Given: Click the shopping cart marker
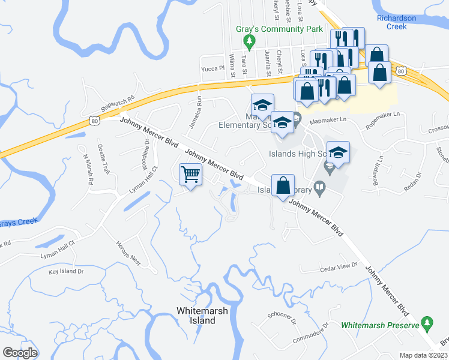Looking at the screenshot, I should [x=191, y=175].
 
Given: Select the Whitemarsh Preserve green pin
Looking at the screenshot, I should [x=427, y=323].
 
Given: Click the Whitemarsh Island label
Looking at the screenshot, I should [x=196, y=316].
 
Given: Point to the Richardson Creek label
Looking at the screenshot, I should [x=396, y=22].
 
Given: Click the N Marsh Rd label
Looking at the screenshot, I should [x=88, y=170].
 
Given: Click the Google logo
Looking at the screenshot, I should [x=20, y=352].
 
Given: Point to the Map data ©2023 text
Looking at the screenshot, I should [x=423, y=355].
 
